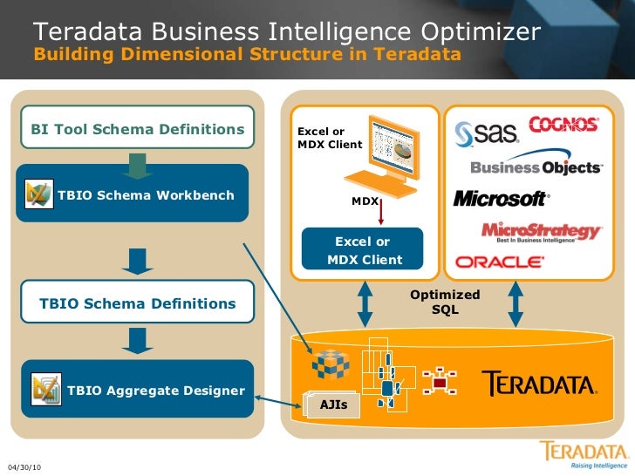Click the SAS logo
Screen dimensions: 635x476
tap(486, 133)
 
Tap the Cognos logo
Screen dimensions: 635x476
tap(563, 124)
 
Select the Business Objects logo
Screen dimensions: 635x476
tap(536, 167)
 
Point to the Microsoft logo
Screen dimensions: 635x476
tap(501, 199)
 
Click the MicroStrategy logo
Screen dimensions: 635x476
tap(542, 231)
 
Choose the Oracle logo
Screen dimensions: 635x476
tap(500, 262)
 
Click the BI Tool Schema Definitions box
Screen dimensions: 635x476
tap(137, 129)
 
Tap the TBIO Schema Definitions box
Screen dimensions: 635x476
tap(137, 303)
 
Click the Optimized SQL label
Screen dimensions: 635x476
tap(445, 303)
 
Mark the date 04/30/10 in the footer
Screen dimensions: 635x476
tap(24, 468)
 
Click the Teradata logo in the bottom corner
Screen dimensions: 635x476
tap(583, 454)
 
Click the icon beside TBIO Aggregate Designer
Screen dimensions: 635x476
tap(44, 390)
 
